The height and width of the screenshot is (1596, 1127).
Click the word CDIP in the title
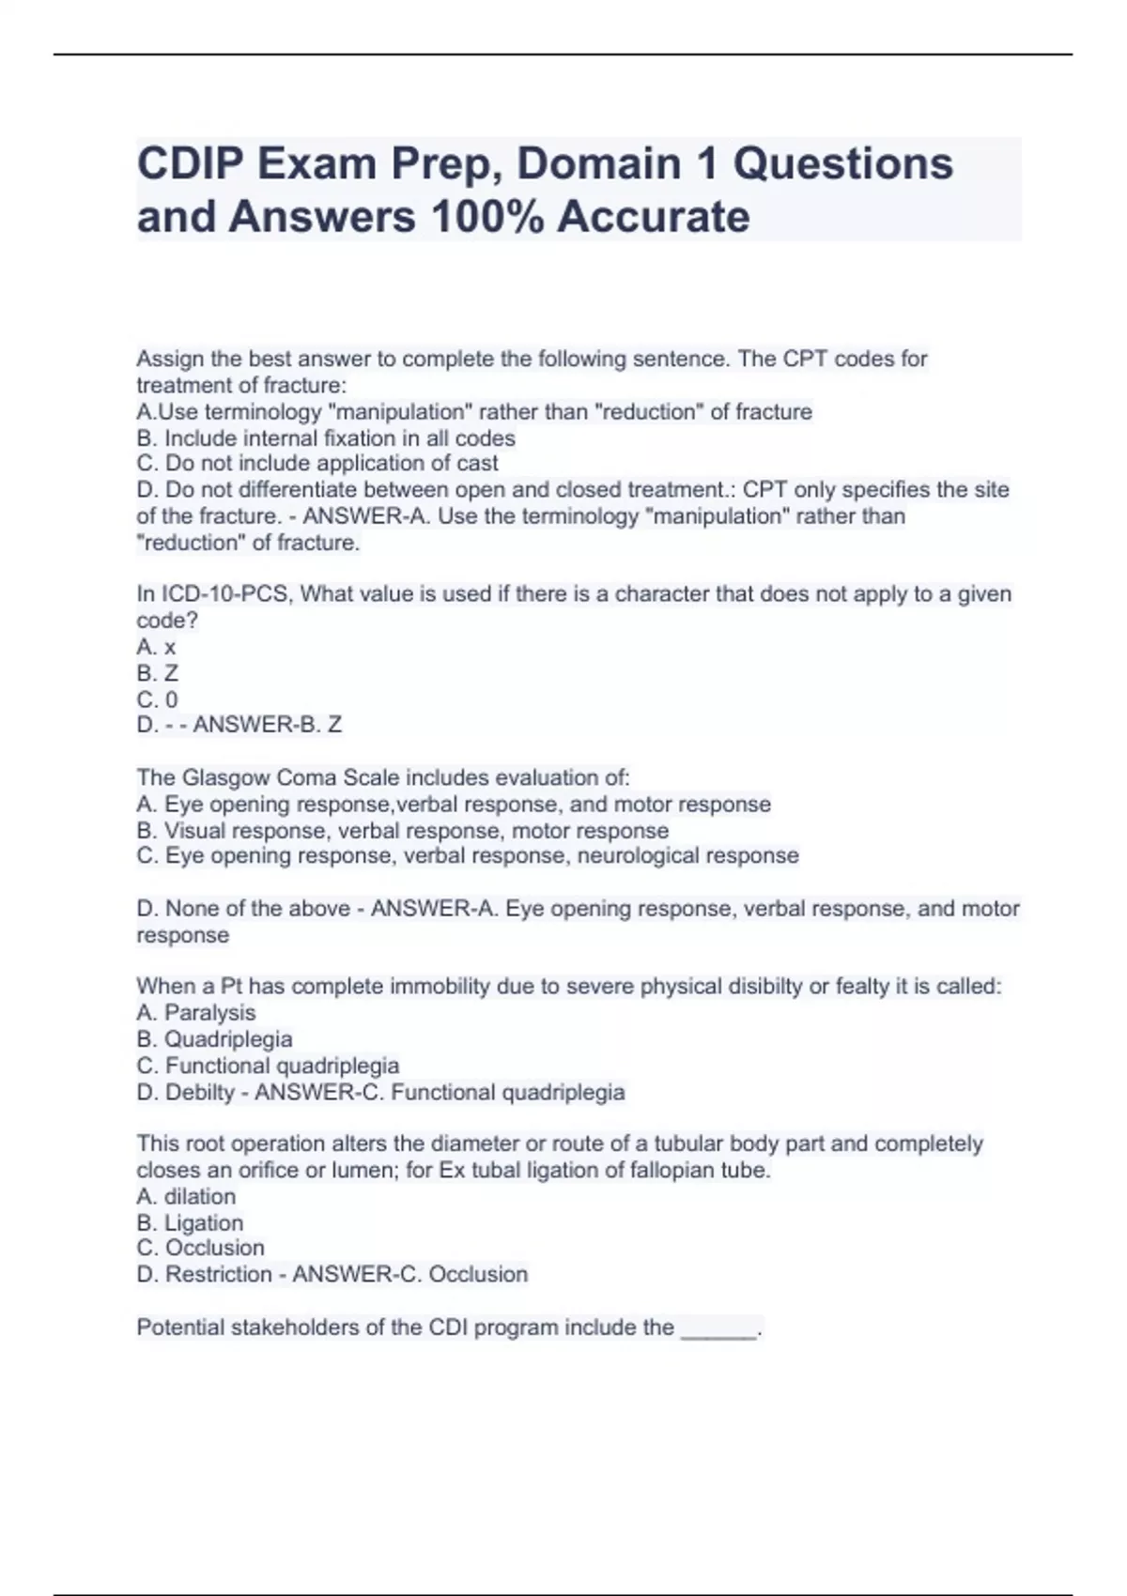pyautogui.click(x=190, y=164)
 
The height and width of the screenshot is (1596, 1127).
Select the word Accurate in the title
pyautogui.click(x=654, y=217)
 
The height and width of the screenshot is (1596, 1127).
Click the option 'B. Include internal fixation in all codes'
pyautogui.click(x=326, y=438)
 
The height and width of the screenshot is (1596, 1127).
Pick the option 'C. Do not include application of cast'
pyautogui.click(x=317, y=464)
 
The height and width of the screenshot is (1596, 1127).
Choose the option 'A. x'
pyautogui.click(x=156, y=647)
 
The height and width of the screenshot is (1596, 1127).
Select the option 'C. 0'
pyautogui.click(x=157, y=699)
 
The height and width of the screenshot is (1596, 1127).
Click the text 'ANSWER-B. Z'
pyautogui.click(x=267, y=725)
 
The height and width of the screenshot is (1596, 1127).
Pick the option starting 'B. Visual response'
pyautogui.click(x=402, y=831)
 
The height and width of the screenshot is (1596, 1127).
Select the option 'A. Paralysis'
pyautogui.click(x=195, y=1013)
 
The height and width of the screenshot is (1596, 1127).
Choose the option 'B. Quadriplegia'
pyautogui.click(x=214, y=1039)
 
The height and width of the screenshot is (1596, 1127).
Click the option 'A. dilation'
pyautogui.click(x=186, y=1197)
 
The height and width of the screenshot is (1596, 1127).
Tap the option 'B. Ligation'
pyautogui.click(x=190, y=1223)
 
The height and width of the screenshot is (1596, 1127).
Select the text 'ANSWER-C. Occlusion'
pyautogui.click(x=409, y=1275)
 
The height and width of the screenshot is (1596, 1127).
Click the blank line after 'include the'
pyautogui.click(x=718, y=1329)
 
